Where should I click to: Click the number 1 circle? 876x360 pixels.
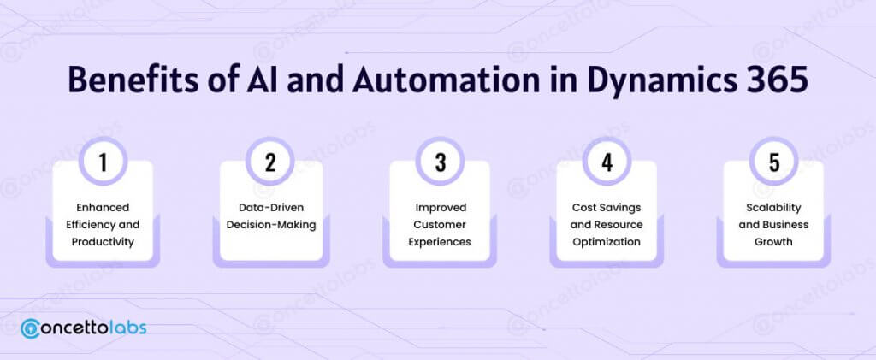coord(103,162)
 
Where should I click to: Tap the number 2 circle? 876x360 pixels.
coord(270,162)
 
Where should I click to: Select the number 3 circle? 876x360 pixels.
coord(440,162)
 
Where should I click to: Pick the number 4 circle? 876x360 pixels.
coord(607,162)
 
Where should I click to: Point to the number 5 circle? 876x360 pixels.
coord(774,162)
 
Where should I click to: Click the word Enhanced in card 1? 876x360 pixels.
coord(103,207)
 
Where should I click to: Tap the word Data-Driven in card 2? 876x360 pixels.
coord(270,207)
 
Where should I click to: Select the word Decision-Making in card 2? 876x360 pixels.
coord(270,224)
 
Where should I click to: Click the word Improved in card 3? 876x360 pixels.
coord(440,207)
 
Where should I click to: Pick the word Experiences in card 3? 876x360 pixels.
coord(440,241)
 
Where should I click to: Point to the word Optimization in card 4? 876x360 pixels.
coord(607,241)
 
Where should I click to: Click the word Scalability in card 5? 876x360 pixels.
coord(774,207)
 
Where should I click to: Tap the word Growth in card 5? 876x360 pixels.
coord(774,241)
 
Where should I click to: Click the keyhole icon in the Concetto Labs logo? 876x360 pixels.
coord(32,328)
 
